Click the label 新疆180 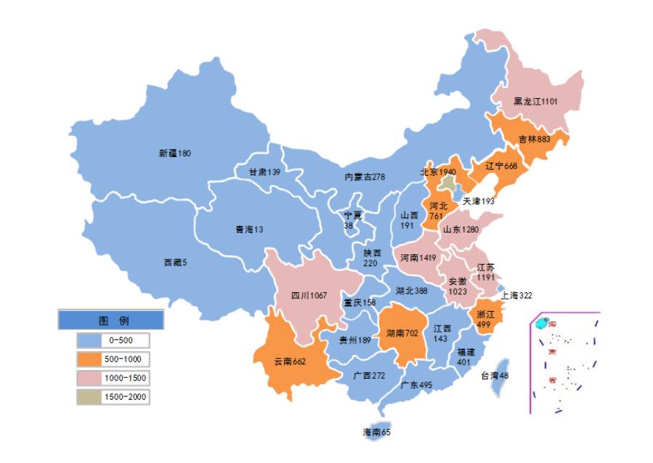[174, 153]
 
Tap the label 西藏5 [175, 262]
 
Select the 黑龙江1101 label [535, 102]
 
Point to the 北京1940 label [437, 172]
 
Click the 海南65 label [376, 432]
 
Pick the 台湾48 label [495, 376]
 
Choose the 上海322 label [516, 295]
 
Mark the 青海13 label [248, 230]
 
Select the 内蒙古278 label [365, 177]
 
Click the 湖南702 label [402, 334]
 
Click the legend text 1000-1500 [125, 378]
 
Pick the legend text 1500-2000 [125, 397]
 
